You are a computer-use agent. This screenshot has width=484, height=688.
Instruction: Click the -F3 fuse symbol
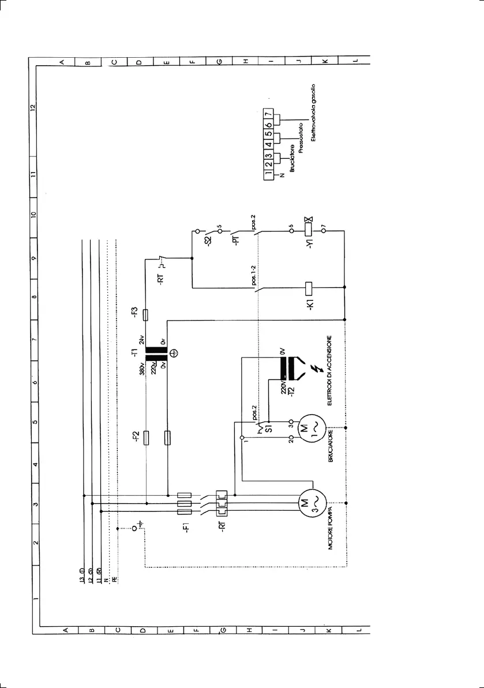coord(145,314)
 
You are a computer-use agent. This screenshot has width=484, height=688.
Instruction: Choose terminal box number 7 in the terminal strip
coord(268,115)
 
